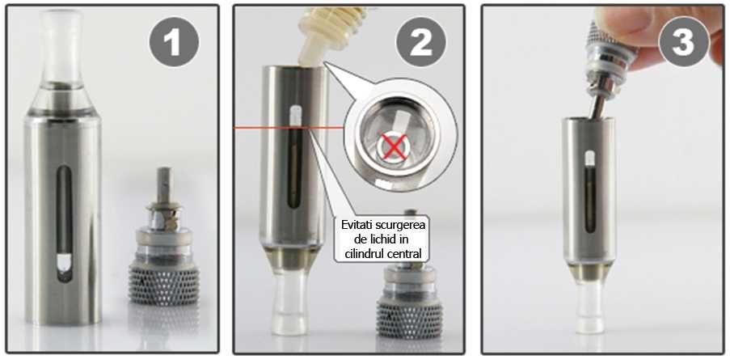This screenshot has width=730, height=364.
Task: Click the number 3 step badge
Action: [684, 43]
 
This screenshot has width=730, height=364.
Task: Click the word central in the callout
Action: [407, 255]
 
